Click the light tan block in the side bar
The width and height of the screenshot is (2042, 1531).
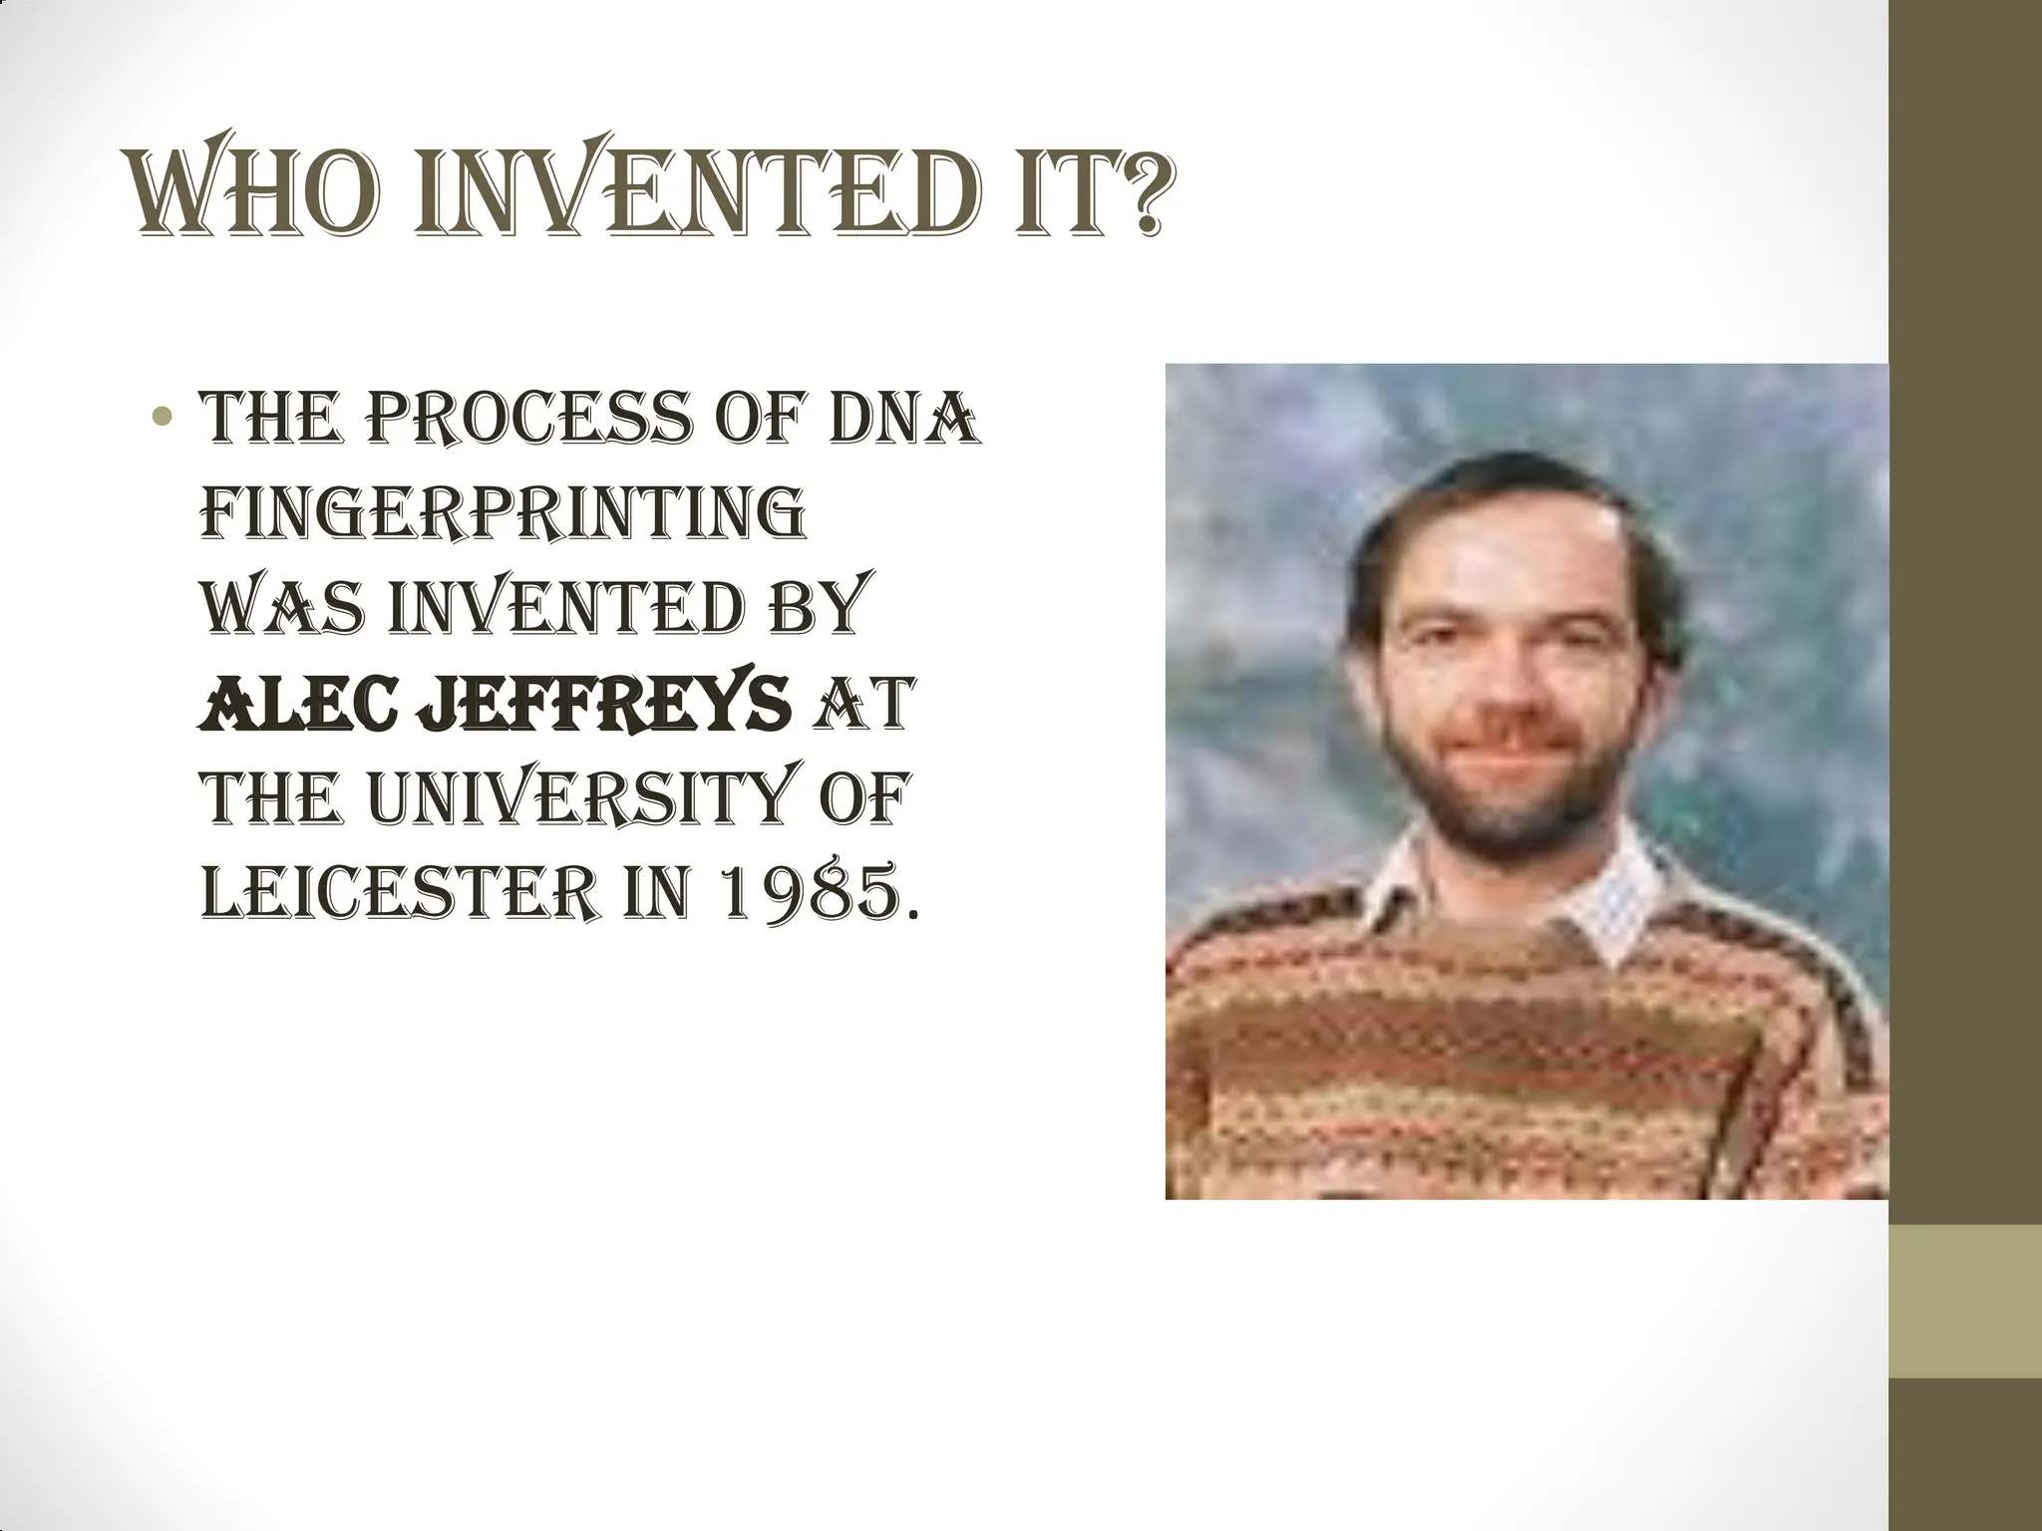tap(1965, 1302)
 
